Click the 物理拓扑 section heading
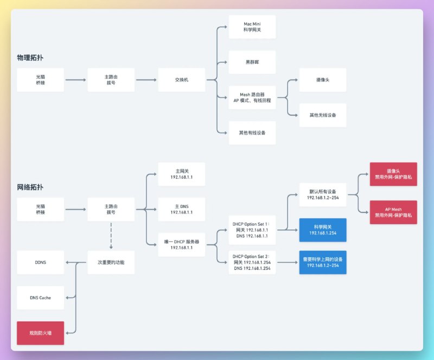coord(30,57)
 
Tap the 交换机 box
coord(181,80)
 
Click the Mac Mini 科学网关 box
coord(252,27)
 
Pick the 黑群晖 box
coord(252,62)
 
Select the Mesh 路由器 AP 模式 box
coord(252,97)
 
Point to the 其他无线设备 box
coord(323,115)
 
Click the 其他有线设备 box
coord(252,132)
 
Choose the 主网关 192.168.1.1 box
coord(181,174)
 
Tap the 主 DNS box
coord(181,209)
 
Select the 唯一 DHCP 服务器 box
coord(181,244)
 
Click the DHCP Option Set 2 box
coord(252,262)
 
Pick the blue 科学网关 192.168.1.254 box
coord(323,230)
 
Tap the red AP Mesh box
coord(393,212)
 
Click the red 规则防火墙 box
coord(41,333)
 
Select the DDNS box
coord(41,262)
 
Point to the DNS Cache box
coord(41,298)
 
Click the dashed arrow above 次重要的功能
coord(111,235)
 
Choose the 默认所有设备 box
coord(323,194)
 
